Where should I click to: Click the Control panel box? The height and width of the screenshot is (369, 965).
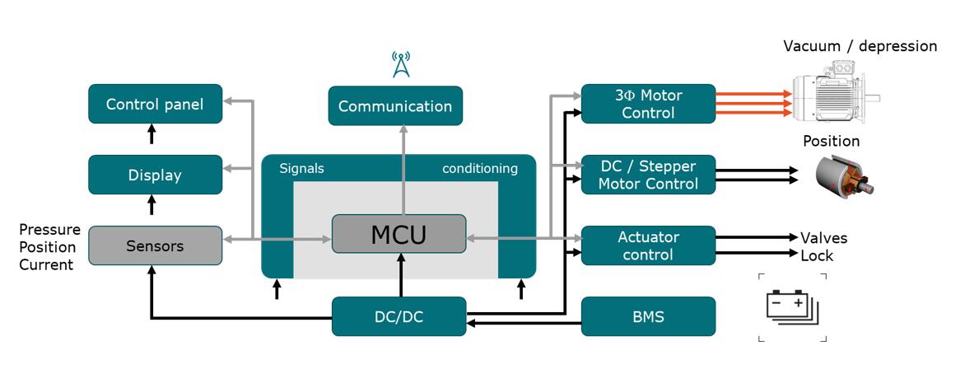(x=155, y=105)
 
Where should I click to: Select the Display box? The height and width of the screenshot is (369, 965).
(x=155, y=175)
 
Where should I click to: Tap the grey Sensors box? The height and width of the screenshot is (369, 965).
(x=155, y=245)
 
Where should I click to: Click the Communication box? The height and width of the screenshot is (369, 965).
(x=395, y=106)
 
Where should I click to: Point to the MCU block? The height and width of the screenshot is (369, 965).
(x=399, y=234)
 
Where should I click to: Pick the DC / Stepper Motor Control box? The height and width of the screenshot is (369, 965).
(x=648, y=175)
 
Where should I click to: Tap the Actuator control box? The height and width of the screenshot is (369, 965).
(x=648, y=245)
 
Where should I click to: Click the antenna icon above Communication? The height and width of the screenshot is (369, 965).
(x=400, y=64)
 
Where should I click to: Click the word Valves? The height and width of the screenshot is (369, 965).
(x=823, y=238)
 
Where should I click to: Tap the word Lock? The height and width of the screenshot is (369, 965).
(x=817, y=256)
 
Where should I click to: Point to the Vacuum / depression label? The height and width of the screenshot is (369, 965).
(x=860, y=46)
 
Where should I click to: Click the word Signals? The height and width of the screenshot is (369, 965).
(x=302, y=169)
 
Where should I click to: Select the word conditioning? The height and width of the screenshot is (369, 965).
(x=480, y=169)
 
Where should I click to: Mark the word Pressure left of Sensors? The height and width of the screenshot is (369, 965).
(x=49, y=230)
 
